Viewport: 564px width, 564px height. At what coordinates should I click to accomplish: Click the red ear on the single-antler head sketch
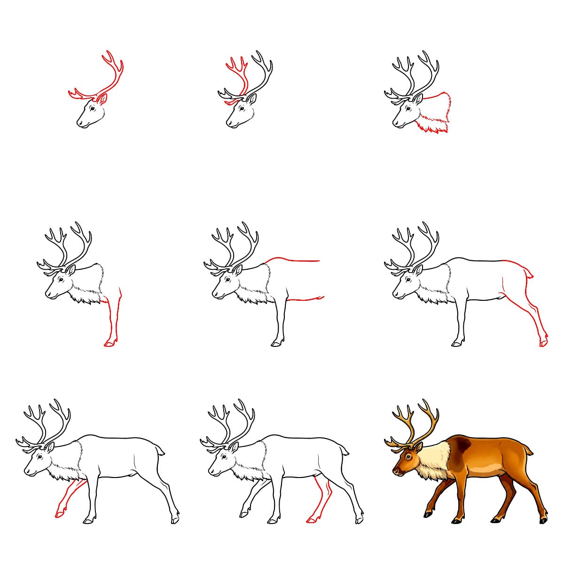click(x=102, y=99)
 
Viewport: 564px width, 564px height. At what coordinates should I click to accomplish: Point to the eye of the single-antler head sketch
click(x=92, y=109)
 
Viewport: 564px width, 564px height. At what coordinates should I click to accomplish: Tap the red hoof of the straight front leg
click(x=109, y=345)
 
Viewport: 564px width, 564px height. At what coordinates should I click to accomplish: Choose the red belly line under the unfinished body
click(x=305, y=298)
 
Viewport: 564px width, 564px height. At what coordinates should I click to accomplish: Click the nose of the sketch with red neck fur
click(x=395, y=124)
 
